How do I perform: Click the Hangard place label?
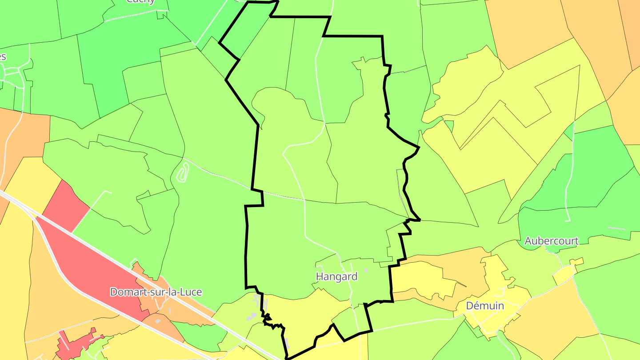point(336,276)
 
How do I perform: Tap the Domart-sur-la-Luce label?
point(156,292)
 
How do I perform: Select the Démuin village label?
point(485,306)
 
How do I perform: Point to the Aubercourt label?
point(552,241)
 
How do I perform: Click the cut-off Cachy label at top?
point(140,1)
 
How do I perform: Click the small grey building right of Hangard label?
point(366,270)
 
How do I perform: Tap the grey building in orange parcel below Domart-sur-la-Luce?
point(157,320)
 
